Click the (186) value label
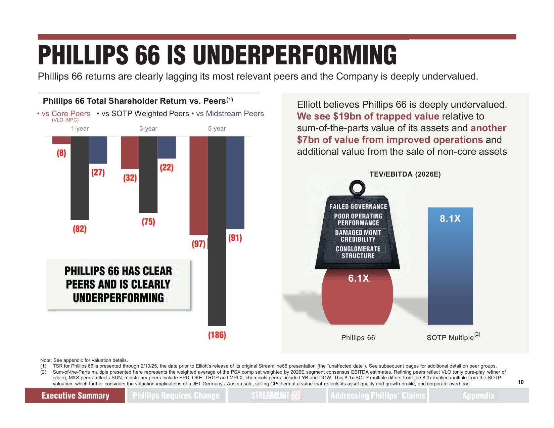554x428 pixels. pyautogui.click(x=217, y=335)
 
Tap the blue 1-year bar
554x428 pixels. pyautogui.click(x=98, y=150)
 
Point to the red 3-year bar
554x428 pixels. pyautogui.click(x=130, y=152)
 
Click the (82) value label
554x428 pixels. pyautogui.click(x=80, y=229)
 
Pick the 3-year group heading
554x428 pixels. pyautogui.click(x=148, y=129)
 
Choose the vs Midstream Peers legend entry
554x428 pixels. pyautogui.click(x=230, y=114)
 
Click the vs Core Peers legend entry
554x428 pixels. pyautogui.click(x=66, y=114)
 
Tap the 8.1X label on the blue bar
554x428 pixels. pyautogui.click(x=450, y=219)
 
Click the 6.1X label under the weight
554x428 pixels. pyautogui.click(x=358, y=278)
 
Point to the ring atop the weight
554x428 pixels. pyautogui.click(x=357, y=188)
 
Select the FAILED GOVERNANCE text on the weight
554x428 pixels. pyautogui.click(x=358, y=206)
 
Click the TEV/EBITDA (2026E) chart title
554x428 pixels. pyautogui.click(x=405, y=174)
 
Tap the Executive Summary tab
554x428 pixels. pyautogui.click(x=75, y=395)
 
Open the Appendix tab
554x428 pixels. pyautogui.click(x=478, y=395)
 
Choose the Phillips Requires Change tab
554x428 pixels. pyautogui.click(x=176, y=395)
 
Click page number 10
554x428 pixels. pyautogui.click(x=520, y=382)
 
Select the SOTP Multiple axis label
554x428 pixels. pyautogui.click(x=450, y=338)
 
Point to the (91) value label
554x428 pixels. pyautogui.click(x=235, y=238)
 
